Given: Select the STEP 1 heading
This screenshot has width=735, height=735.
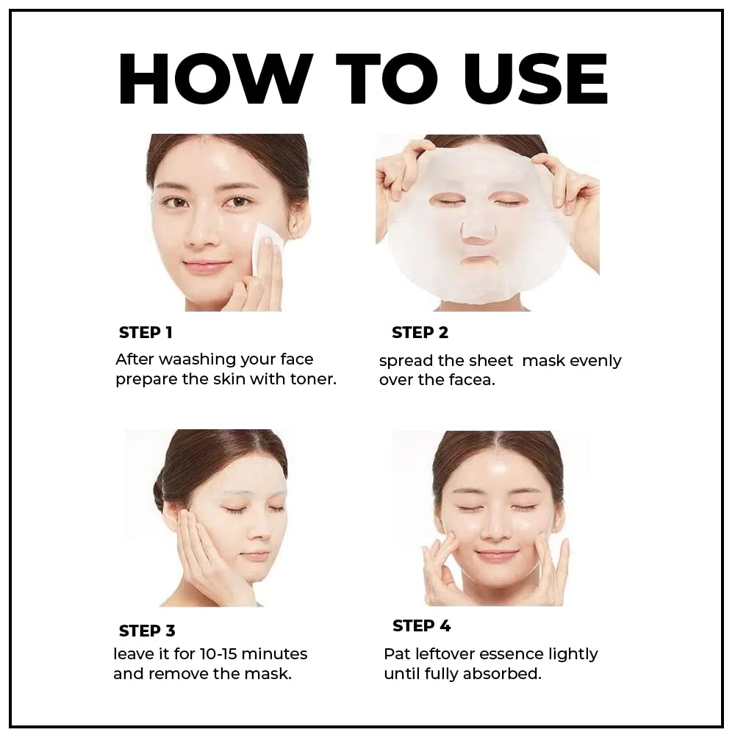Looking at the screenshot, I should click(x=146, y=332).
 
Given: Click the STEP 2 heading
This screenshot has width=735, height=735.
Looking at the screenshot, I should click(x=420, y=332).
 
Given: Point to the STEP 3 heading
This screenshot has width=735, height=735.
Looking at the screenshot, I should click(x=147, y=631).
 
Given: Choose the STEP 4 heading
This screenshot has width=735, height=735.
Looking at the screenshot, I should click(x=421, y=625).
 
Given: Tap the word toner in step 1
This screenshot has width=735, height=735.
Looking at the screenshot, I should click(x=312, y=380).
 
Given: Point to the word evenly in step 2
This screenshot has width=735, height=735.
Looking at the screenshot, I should click(x=595, y=361).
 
